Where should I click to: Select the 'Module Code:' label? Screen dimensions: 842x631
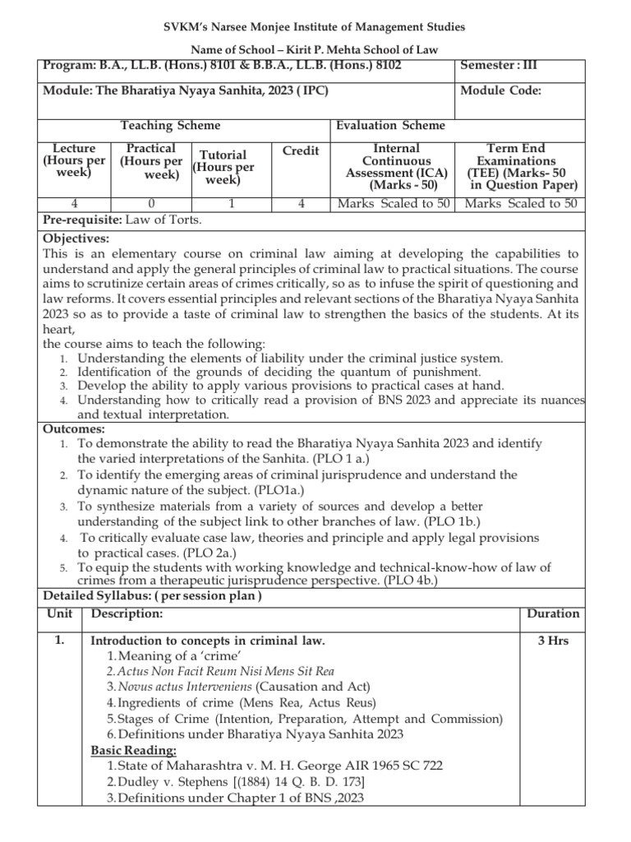pyautogui.click(x=500, y=91)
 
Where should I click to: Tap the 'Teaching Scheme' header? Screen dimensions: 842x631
pyautogui.click(x=170, y=126)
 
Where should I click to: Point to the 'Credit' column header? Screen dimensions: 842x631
pyautogui.click(x=300, y=151)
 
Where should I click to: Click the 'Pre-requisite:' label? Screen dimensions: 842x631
pyautogui.click(x=81, y=219)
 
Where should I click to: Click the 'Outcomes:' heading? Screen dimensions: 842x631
pyautogui.click(x=73, y=428)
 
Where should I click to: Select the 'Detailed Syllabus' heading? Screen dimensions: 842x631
pyautogui.click(x=97, y=594)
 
